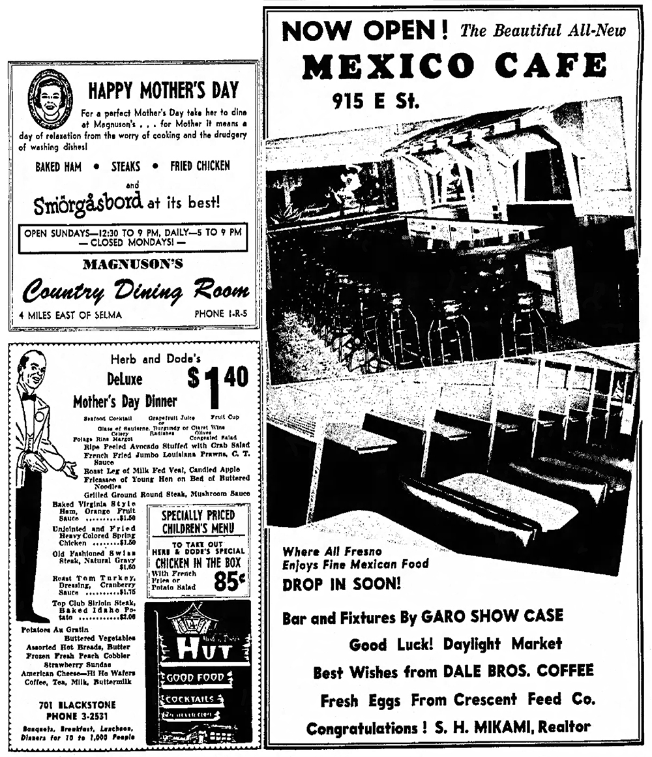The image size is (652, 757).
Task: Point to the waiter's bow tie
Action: point(29,396)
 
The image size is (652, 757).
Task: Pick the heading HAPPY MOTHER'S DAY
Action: point(163,90)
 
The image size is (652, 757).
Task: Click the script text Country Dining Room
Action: point(136,290)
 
